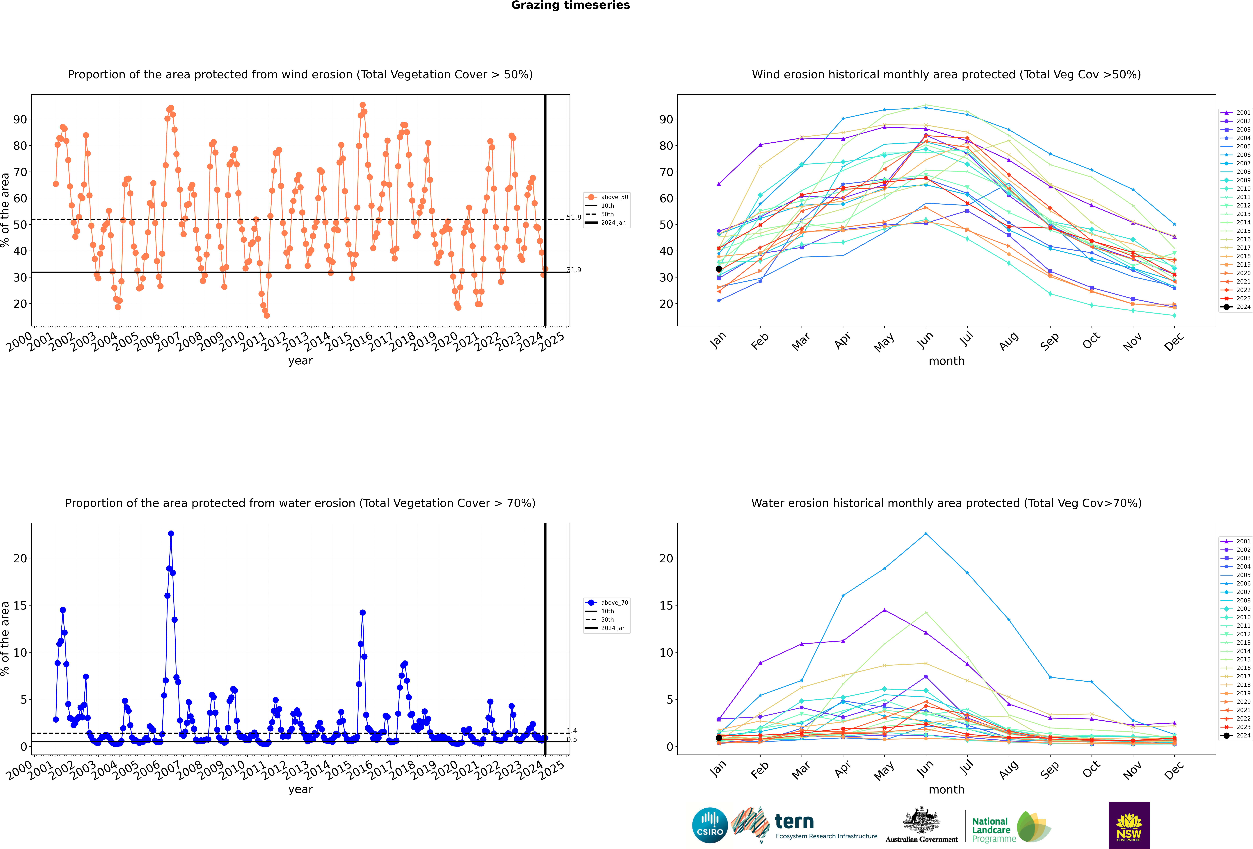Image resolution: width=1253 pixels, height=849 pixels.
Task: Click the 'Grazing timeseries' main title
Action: coord(570,5)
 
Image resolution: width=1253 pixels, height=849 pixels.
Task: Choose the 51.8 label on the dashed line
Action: coord(574,217)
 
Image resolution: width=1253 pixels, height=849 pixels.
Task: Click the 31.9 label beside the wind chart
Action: coord(574,270)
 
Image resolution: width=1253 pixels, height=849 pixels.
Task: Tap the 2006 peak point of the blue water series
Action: coord(171,534)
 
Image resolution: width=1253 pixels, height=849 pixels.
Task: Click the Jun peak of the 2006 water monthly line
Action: coord(926,534)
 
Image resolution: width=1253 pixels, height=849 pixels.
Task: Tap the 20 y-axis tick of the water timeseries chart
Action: coord(20,558)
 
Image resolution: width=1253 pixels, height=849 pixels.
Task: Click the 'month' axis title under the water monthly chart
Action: coord(946,790)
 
